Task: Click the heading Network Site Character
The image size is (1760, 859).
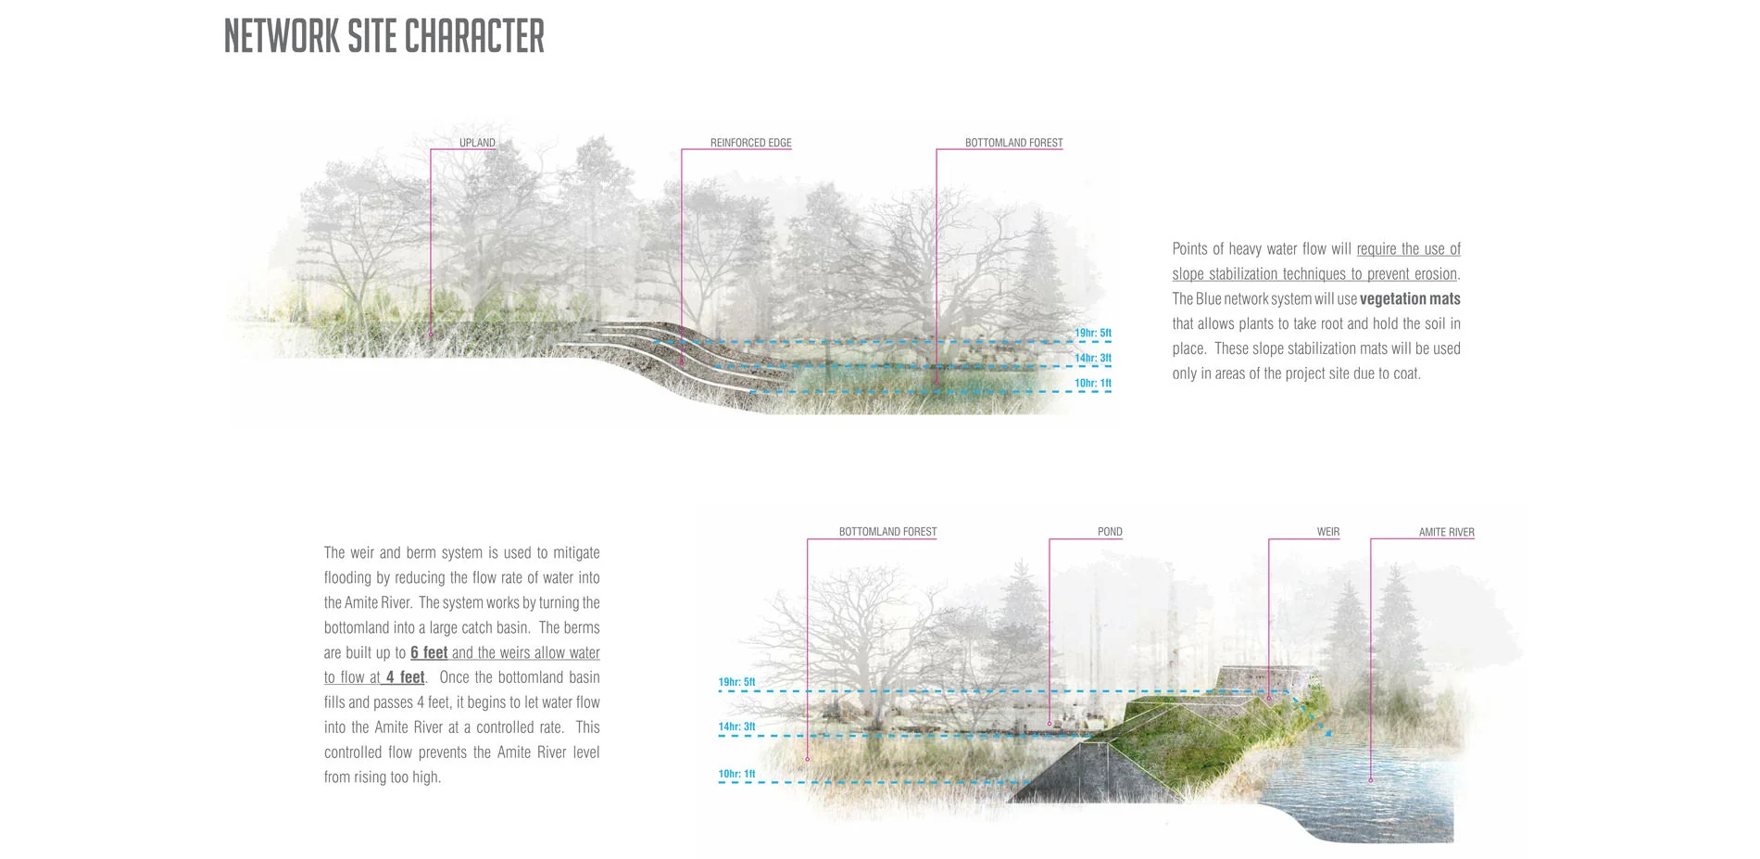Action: click(x=383, y=37)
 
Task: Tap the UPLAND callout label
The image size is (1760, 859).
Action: click(x=477, y=143)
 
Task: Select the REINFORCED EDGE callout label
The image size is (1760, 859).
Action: click(x=750, y=143)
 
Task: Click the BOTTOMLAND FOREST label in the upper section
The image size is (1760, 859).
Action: click(x=1013, y=143)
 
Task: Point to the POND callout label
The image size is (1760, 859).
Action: click(x=1109, y=532)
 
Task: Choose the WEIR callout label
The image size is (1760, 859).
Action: click(x=1327, y=532)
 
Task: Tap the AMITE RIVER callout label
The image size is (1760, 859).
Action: click(x=1446, y=532)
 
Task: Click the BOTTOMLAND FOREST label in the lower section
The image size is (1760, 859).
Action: click(x=887, y=532)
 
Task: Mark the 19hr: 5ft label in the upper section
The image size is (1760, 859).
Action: click(x=1092, y=333)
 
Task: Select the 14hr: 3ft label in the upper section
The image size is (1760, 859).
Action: click(x=1092, y=358)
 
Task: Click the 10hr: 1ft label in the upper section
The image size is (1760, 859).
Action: click(x=1092, y=383)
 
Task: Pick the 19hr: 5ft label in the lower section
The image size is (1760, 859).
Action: click(x=736, y=682)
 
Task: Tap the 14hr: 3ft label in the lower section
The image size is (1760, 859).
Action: click(x=736, y=727)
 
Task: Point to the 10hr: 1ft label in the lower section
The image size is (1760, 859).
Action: click(x=736, y=774)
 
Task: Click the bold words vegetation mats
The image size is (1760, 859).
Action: click(x=1409, y=299)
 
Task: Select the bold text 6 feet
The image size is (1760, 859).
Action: click(x=429, y=652)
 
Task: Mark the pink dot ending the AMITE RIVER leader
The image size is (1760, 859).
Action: click(x=1371, y=781)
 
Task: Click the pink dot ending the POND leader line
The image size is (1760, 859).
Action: click(x=1050, y=724)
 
